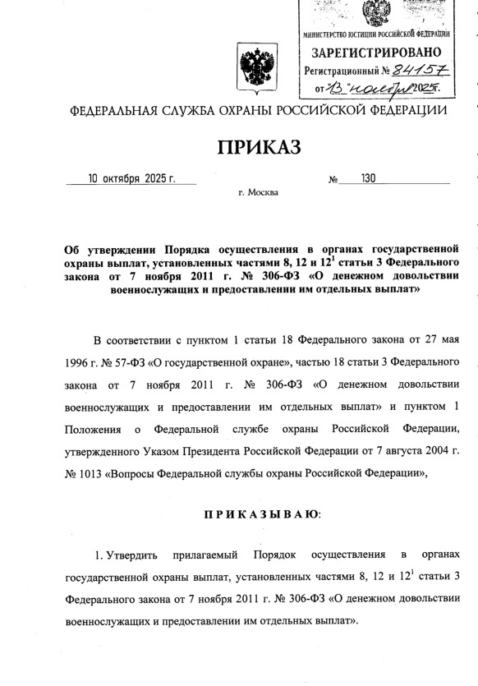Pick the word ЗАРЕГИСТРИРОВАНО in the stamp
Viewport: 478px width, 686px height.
pos(375,53)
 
